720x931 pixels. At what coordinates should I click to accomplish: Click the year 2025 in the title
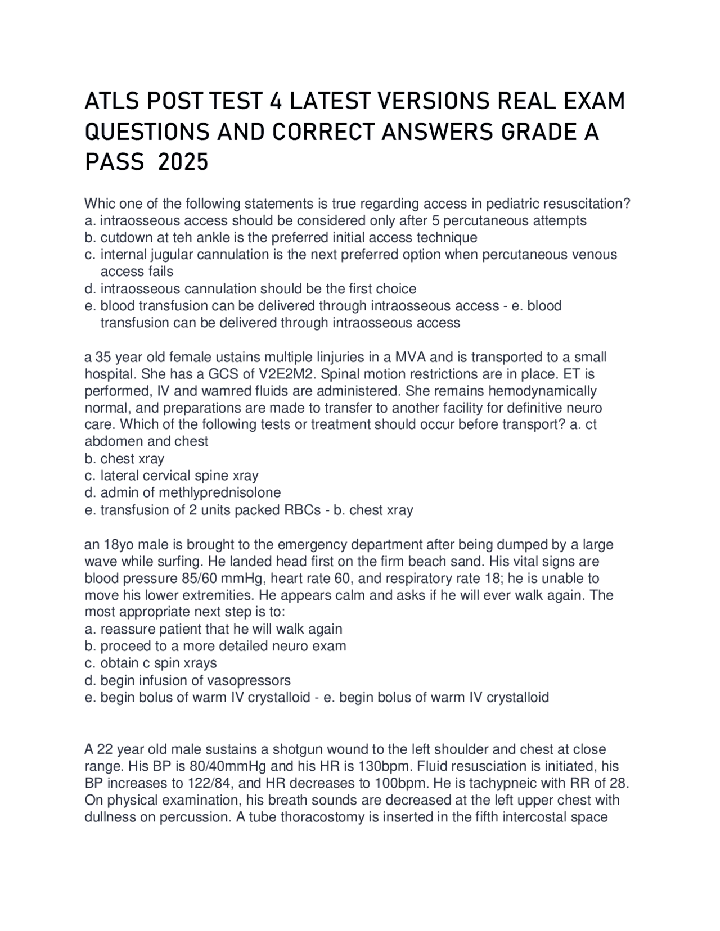[x=183, y=162]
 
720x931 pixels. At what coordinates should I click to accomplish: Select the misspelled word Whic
[x=99, y=203]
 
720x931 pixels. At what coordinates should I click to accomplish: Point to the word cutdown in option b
[x=124, y=237]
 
